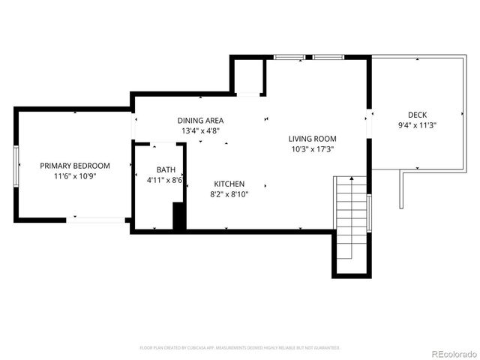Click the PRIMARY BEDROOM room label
click(75, 166)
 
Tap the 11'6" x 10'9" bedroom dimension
click(75, 176)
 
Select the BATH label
click(166, 169)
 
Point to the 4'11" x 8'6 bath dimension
click(166, 180)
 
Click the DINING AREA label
click(200, 120)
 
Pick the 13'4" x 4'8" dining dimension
click(200, 130)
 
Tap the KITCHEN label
click(229, 184)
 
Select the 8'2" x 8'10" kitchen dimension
click(229, 194)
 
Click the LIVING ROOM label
click(313, 139)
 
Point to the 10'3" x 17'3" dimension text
click(313, 149)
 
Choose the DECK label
click(417, 115)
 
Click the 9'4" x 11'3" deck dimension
click(417, 125)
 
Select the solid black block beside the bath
click(179, 217)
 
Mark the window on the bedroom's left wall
click(16, 165)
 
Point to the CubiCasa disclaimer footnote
click(240, 348)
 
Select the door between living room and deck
click(368, 124)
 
